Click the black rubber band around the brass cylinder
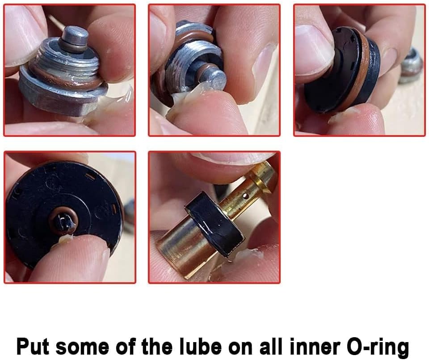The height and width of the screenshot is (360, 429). click(212, 224)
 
